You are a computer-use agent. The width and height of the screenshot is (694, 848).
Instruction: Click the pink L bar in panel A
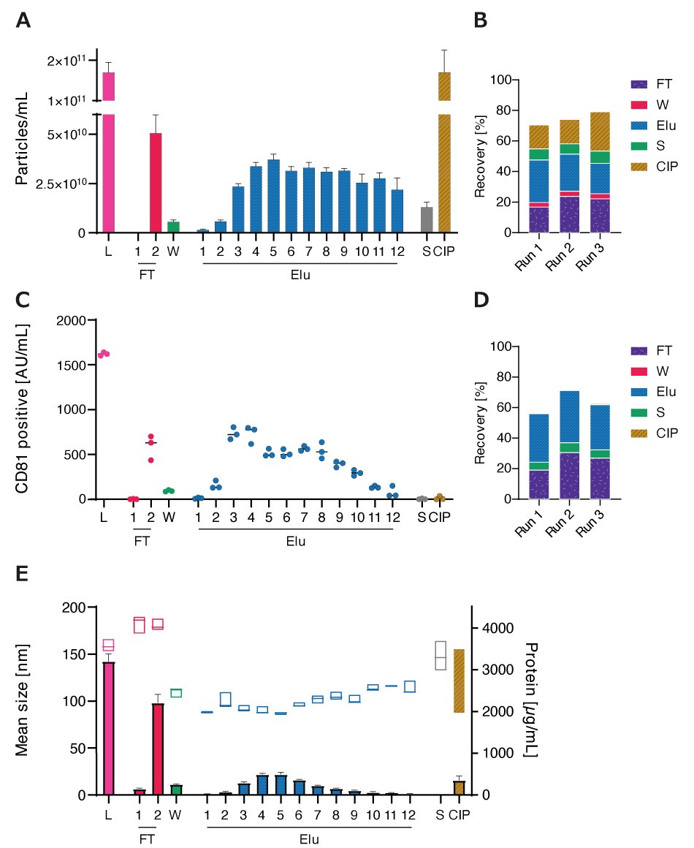tap(108, 154)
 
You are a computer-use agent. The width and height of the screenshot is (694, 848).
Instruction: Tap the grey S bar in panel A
tap(427, 219)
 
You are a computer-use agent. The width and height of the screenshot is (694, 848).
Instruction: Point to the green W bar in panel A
tap(173, 227)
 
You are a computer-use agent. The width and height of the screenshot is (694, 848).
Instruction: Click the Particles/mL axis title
tap(22, 138)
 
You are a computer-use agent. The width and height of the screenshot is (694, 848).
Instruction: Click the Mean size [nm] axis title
tap(22, 702)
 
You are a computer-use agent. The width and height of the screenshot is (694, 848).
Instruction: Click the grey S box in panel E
tap(441, 655)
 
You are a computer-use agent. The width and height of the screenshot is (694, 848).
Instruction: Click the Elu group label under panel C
tap(295, 542)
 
